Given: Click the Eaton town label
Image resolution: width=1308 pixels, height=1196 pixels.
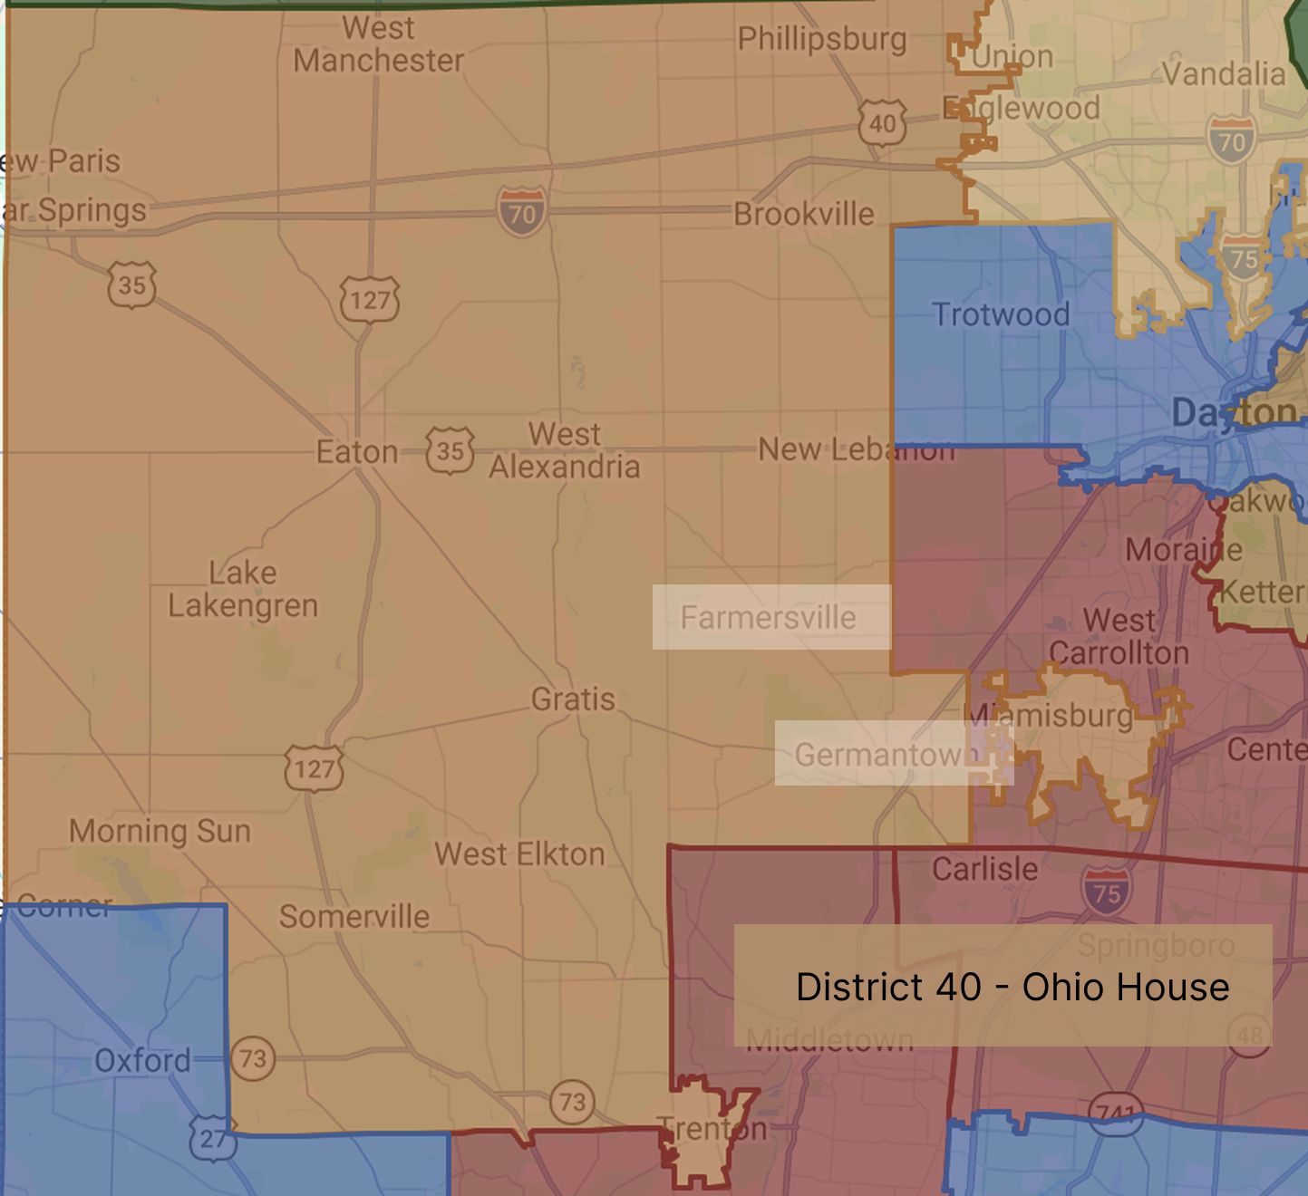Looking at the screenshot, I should (x=356, y=451).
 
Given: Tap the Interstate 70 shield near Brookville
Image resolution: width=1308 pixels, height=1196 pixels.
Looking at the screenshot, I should (x=522, y=212).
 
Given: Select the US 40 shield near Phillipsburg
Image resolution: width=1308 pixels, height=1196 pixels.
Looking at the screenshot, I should (x=881, y=123).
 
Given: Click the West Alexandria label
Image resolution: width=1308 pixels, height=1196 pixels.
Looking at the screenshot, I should (x=565, y=450).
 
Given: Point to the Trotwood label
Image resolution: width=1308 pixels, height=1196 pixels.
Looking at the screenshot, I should (x=1001, y=314).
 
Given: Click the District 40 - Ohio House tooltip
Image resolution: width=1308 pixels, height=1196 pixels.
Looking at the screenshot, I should (x=1003, y=986).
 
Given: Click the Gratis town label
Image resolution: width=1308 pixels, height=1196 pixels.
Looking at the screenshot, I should (x=573, y=699).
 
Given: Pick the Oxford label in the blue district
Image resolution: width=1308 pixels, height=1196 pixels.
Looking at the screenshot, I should (x=142, y=1060).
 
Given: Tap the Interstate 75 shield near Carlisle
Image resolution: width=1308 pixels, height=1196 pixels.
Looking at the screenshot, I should (x=1106, y=892).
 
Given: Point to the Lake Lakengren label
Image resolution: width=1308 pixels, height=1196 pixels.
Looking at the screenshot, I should (x=243, y=589).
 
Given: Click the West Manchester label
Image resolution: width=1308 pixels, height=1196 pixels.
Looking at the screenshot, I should (x=378, y=44).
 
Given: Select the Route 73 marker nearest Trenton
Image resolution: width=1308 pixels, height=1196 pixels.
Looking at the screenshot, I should (x=572, y=1102).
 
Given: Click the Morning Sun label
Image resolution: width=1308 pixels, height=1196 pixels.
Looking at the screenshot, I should (x=160, y=831).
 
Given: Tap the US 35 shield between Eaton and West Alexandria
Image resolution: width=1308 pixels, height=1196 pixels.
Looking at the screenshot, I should (x=450, y=450).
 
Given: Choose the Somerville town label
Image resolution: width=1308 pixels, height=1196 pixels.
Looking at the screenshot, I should (x=354, y=916).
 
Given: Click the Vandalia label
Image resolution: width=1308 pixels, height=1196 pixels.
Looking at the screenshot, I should (x=1223, y=73).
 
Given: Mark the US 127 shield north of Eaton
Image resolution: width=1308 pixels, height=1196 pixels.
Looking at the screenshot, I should (x=369, y=300).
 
